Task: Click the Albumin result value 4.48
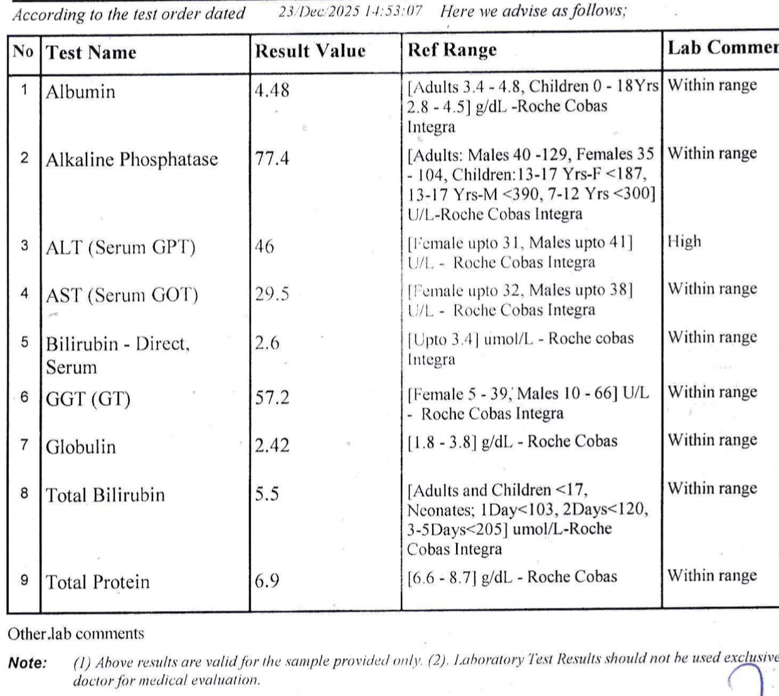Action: (x=272, y=90)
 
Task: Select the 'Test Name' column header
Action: (x=91, y=52)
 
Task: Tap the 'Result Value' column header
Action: (x=310, y=51)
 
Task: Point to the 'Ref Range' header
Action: (x=452, y=50)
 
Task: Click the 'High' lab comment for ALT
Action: (x=684, y=242)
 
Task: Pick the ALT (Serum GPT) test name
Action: (x=120, y=247)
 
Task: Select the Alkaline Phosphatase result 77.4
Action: (x=272, y=158)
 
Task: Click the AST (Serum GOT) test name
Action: (x=122, y=295)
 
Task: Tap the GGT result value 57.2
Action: (x=272, y=397)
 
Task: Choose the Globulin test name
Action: (x=81, y=447)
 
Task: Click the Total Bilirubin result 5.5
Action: (x=267, y=494)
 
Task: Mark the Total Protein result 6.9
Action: (x=267, y=581)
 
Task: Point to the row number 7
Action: (x=24, y=446)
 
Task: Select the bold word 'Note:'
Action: (x=28, y=663)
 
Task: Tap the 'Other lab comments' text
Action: (x=76, y=634)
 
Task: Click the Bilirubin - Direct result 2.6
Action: (x=267, y=343)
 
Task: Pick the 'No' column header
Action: (x=23, y=51)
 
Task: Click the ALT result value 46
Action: (x=264, y=246)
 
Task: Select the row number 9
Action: (x=24, y=580)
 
